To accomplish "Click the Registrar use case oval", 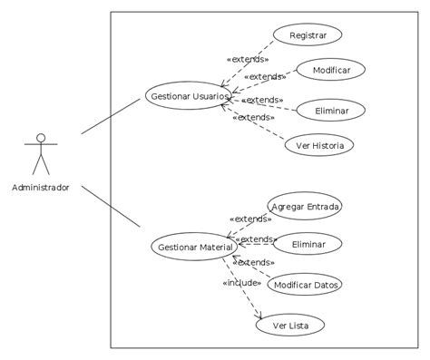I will coord(308,35).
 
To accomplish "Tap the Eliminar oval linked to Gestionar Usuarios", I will coord(332,110).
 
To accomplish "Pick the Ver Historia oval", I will coord(319,145).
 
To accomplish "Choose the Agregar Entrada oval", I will coord(305,207).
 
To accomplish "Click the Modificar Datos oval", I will coord(305,285).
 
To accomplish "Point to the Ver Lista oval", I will coord(289,325).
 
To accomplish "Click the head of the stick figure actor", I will coord(40,138).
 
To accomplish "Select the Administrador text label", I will coord(40,188).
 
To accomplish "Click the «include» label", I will coord(241,283).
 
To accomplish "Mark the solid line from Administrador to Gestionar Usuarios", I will coord(111,119).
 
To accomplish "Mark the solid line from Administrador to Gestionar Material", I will coord(111,207).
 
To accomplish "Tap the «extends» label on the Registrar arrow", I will coord(248,60).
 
